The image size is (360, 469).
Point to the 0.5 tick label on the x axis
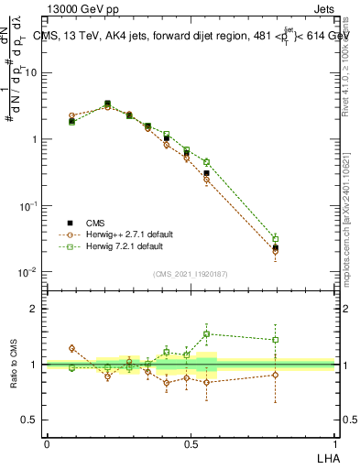tap(191, 442)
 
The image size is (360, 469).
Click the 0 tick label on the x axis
tap(47, 442)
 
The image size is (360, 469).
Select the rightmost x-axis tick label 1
tap(335, 442)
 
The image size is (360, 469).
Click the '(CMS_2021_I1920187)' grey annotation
tap(191, 273)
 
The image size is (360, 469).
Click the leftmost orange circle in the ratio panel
tap(72, 348)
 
